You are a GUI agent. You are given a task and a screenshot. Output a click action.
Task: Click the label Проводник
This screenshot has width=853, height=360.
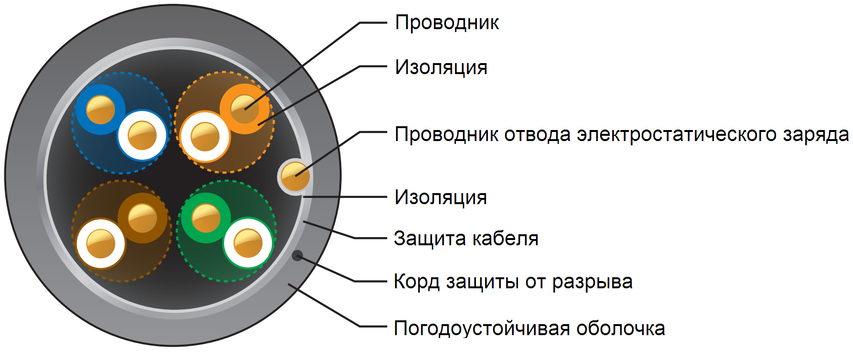(x=447, y=23)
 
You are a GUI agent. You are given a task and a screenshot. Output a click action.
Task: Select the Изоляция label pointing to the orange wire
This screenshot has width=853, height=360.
(x=441, y=67)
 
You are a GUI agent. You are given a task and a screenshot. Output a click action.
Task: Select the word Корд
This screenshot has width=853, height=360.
(x=416, y=282)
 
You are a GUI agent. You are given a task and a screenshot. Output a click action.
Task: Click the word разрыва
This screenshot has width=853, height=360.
(x=592, y=282)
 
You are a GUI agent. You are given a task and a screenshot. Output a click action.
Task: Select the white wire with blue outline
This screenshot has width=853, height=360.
(x=142, y=135)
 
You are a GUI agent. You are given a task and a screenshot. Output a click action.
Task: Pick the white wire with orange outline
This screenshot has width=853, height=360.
(x=205, y=137)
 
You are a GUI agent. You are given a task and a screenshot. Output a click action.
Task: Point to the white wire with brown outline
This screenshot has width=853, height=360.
(x=100, y=243)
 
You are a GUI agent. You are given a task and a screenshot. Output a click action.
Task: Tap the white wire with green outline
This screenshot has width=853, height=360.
(x=248, y=243)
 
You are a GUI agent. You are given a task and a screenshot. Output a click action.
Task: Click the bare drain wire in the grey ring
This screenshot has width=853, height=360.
(x=295, y=176)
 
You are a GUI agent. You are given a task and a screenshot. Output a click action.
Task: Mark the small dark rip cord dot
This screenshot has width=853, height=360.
(x=297, y=256)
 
